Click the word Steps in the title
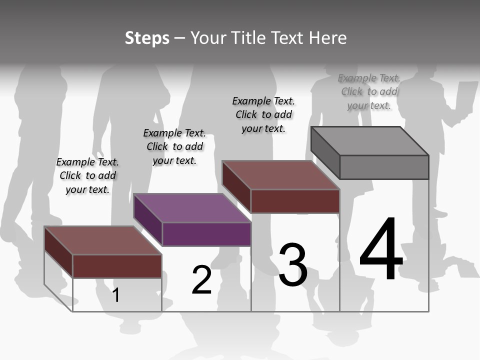(x=147, y=38)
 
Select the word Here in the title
(x=327, y=38)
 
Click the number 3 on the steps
(x=293, y=265)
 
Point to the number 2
(x=201, y=280)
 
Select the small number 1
(x=116, y=295)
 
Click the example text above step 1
(x=87, y=175)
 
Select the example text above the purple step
(x=174, y=146)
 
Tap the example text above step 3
(x=263, y=114)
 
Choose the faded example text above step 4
(x=369, y=91)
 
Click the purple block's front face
(x=206, y=234)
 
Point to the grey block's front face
(x=384, y=167)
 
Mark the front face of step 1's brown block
(x=117, y=266)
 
